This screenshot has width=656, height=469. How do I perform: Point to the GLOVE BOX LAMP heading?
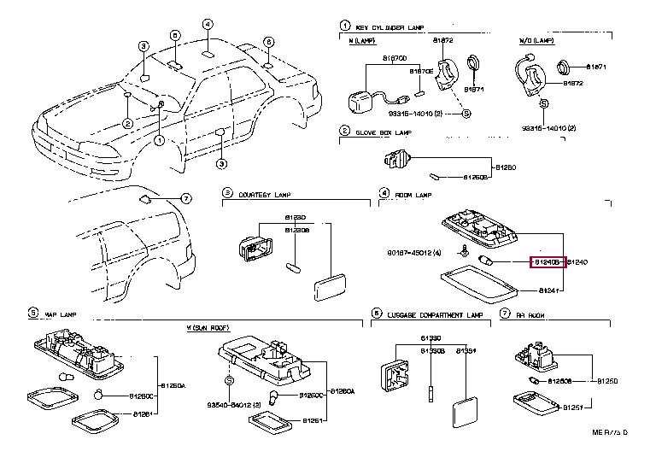(x=383, y=132)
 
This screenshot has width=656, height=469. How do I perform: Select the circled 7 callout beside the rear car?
(x=184, y=198)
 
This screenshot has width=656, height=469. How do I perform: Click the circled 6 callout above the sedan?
(x=267, y=42)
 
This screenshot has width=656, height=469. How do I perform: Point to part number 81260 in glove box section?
(x=505, y=166)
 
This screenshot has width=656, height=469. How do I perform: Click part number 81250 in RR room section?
(x=607, y=380)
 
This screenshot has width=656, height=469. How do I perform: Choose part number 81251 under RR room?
(x=571, y=408)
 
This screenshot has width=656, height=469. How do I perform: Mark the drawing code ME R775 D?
(x=610, y=456)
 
